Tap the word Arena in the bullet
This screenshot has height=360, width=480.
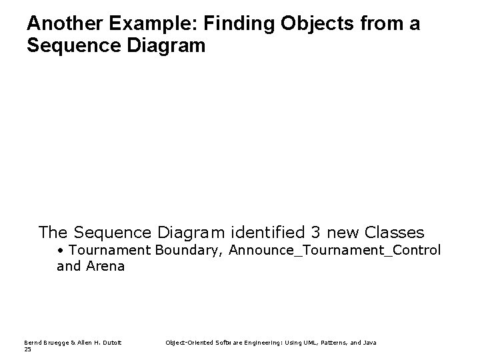pyautogui.click(x=107, y=267)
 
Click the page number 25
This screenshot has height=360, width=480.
pyautogui.click(x=27, y=349)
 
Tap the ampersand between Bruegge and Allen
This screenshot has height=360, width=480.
pyautogui.click(x=69, y=343)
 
